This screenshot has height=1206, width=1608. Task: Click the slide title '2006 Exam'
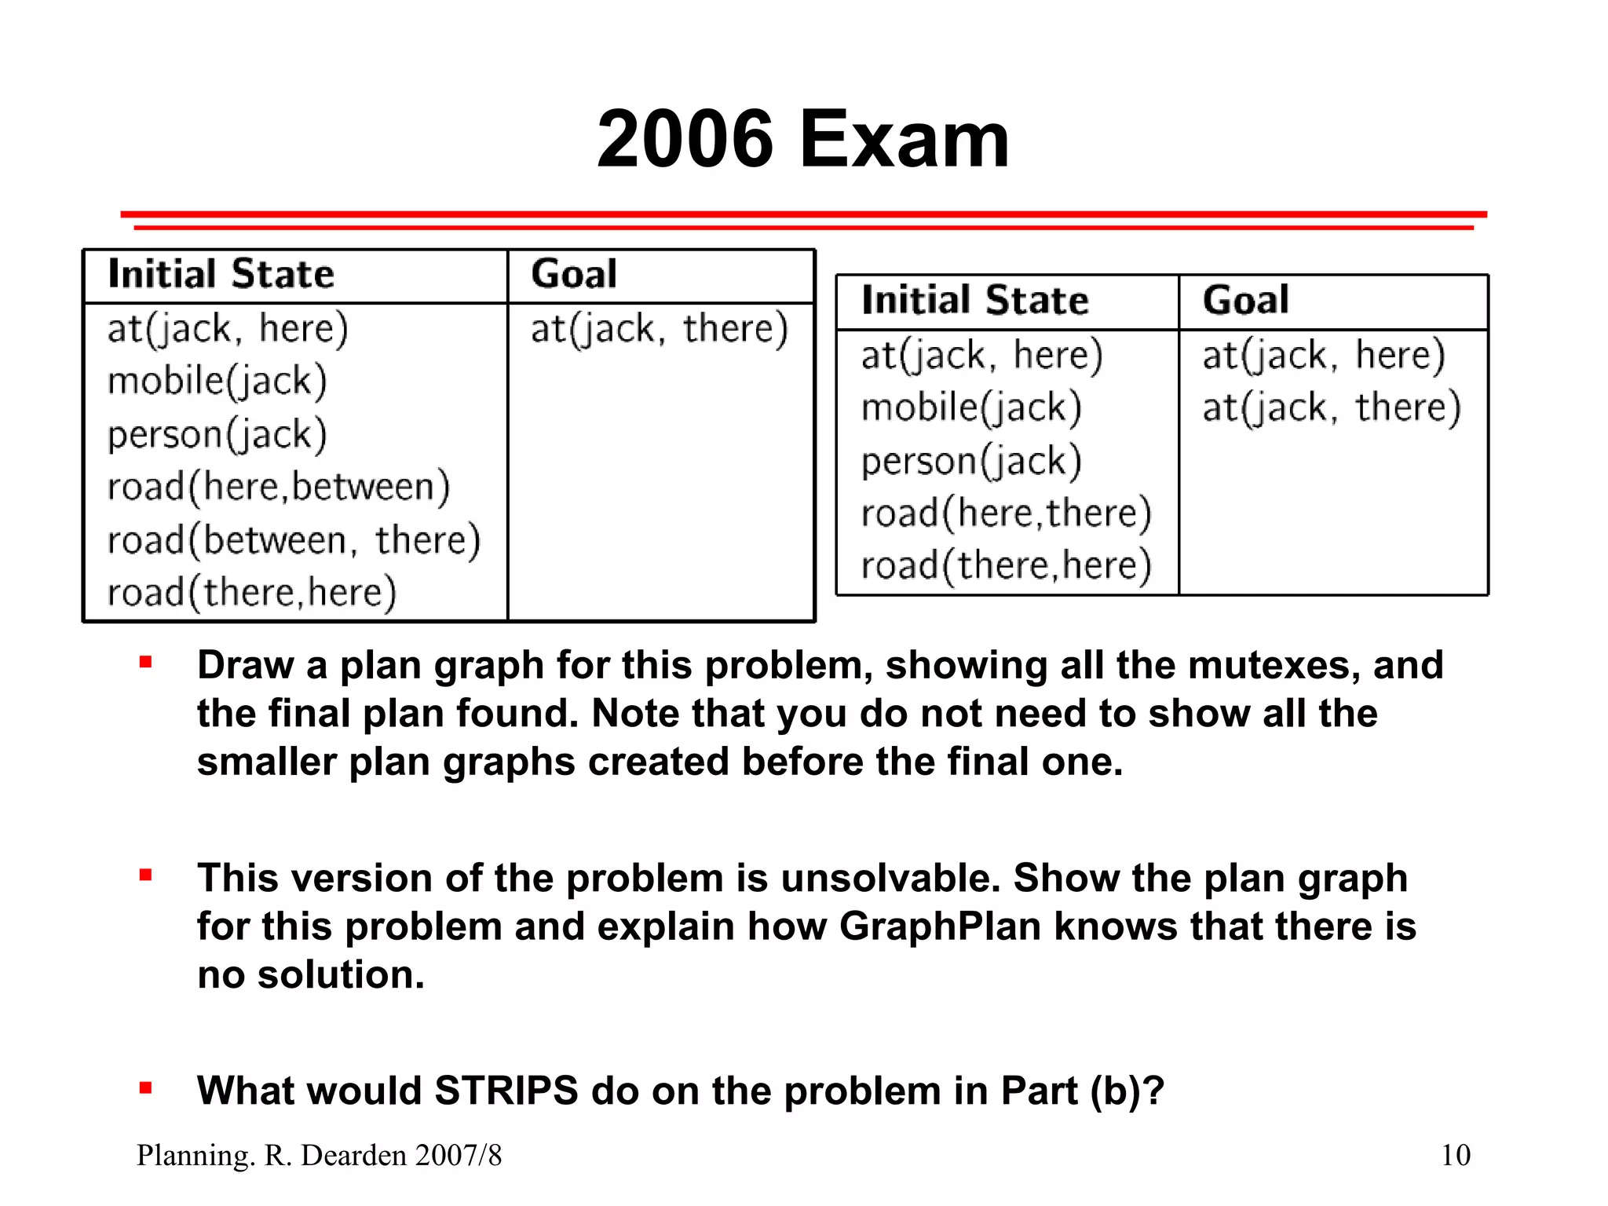pyautogui.click(x=802, y=140)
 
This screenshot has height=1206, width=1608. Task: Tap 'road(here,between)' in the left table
pyautogui.click(x=279, y=487)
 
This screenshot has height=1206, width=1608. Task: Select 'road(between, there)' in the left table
pyautogui.click(x=294, y=540)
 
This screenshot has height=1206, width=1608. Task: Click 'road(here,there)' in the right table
pyautogui.click(x=1006, y=513)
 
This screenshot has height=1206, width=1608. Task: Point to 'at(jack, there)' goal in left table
pyautogui.click(x=659, y=329)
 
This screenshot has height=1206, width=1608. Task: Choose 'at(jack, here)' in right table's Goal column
pyautogui.click(x=1323, y=355)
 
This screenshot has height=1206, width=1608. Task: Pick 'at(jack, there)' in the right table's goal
pyautogui.click(x=1331, y=407)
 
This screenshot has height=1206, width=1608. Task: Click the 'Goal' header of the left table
pyautogui.click(x=574, y=274)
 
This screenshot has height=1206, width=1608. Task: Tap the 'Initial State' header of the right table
pyautogui.click(x=975, y=300)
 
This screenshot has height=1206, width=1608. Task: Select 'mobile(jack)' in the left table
pyautogui.click(x=217, y=381)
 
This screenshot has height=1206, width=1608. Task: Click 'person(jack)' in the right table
pyautogui.click(x=971, y=461)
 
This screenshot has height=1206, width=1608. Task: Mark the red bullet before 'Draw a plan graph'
pyautogui.click(x=145, y=663)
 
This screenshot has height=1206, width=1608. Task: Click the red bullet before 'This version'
pyautogui.click(x=145, y=875)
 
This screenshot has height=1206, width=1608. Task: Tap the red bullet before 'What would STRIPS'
pyautogui.click(x=145, y=1088)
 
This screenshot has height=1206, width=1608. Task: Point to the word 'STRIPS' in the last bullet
pyautogui.click(x=506, y=1091)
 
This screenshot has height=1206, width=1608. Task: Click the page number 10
pyautogui.click(x=1455, y=1155)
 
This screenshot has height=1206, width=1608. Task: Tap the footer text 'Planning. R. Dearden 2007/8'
pyautogui.click(x=319, y=1155)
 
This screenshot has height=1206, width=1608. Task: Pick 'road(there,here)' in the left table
pyautogui.click(x=251, y=593)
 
